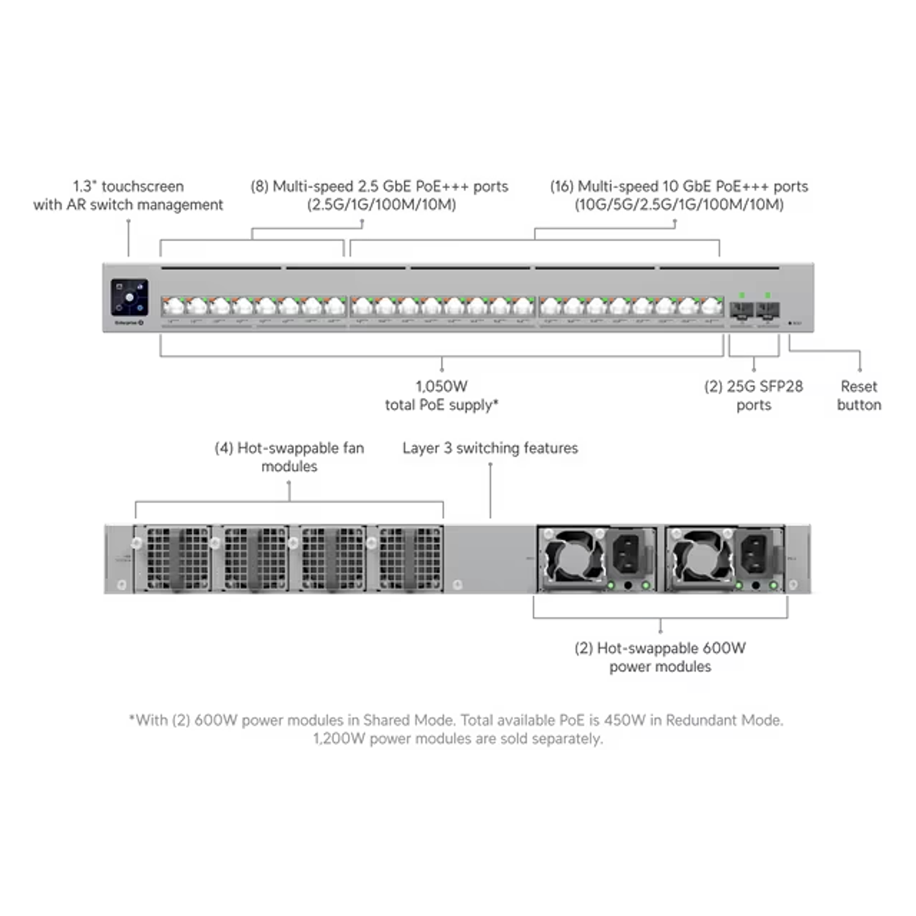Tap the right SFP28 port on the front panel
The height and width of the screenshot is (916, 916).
coord(767,310)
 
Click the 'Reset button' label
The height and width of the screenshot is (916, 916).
coord(859,396)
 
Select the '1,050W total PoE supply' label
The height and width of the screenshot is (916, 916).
coord(442,396)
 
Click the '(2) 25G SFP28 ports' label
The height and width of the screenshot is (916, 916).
coord(754,396)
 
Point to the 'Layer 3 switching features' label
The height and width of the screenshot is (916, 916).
coord(490,449)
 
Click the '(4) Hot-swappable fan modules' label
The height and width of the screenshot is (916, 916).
coord(289,457)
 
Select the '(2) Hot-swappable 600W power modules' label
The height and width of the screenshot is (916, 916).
coord(660,656)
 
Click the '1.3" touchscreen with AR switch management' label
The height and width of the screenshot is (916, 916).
coord(128,195)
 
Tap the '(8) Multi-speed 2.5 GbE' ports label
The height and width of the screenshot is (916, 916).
coord(380,195)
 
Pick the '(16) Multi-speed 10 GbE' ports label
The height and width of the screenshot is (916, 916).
coord(679,195)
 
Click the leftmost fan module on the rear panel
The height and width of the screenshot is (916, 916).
coord(173,558)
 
